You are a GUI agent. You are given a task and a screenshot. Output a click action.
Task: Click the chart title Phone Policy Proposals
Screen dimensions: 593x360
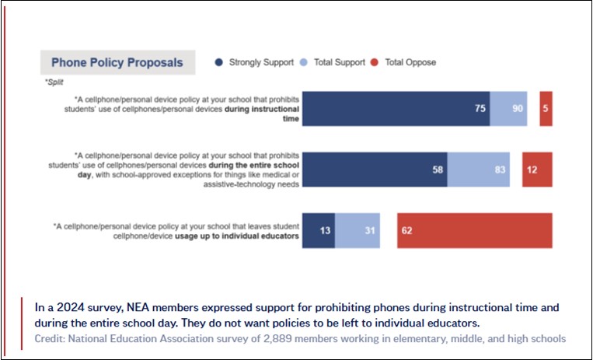tap(117, 62)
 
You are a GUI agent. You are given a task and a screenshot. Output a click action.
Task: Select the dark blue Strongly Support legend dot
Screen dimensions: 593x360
tap(218, 62)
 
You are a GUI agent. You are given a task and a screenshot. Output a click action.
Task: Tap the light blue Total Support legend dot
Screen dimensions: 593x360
tap(303, 62)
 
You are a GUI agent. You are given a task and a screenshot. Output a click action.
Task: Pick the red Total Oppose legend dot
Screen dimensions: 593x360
tap(375, 62)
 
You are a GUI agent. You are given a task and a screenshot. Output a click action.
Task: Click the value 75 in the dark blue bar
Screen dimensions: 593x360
tap(480, 109)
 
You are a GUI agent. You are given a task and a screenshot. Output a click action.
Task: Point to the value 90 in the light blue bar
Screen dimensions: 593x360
tap(518, 109)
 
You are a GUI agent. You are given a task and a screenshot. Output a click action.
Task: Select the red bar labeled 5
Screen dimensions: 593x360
tap(546, 109)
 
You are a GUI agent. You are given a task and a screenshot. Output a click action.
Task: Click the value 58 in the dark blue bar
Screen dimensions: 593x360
tap(438, 170)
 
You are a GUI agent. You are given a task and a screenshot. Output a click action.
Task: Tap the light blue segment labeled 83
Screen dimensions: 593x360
tap(479, 170)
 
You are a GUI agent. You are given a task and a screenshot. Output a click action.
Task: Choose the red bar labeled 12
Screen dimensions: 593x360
tap(537, 170)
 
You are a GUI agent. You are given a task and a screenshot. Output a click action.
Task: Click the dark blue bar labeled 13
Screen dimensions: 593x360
tap(319, 230)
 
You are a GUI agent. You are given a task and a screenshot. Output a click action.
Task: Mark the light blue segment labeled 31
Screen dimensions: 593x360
tap(358, 230)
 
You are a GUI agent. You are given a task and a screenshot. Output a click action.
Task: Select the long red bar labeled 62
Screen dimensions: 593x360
tap(475, 230)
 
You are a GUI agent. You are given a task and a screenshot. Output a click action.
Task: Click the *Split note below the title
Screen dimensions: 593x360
tap(54, 82)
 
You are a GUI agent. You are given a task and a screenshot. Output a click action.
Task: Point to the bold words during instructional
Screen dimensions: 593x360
tap(262, 109)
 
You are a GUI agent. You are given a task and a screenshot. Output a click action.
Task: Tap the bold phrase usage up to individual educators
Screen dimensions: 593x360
tap(237, 236)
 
